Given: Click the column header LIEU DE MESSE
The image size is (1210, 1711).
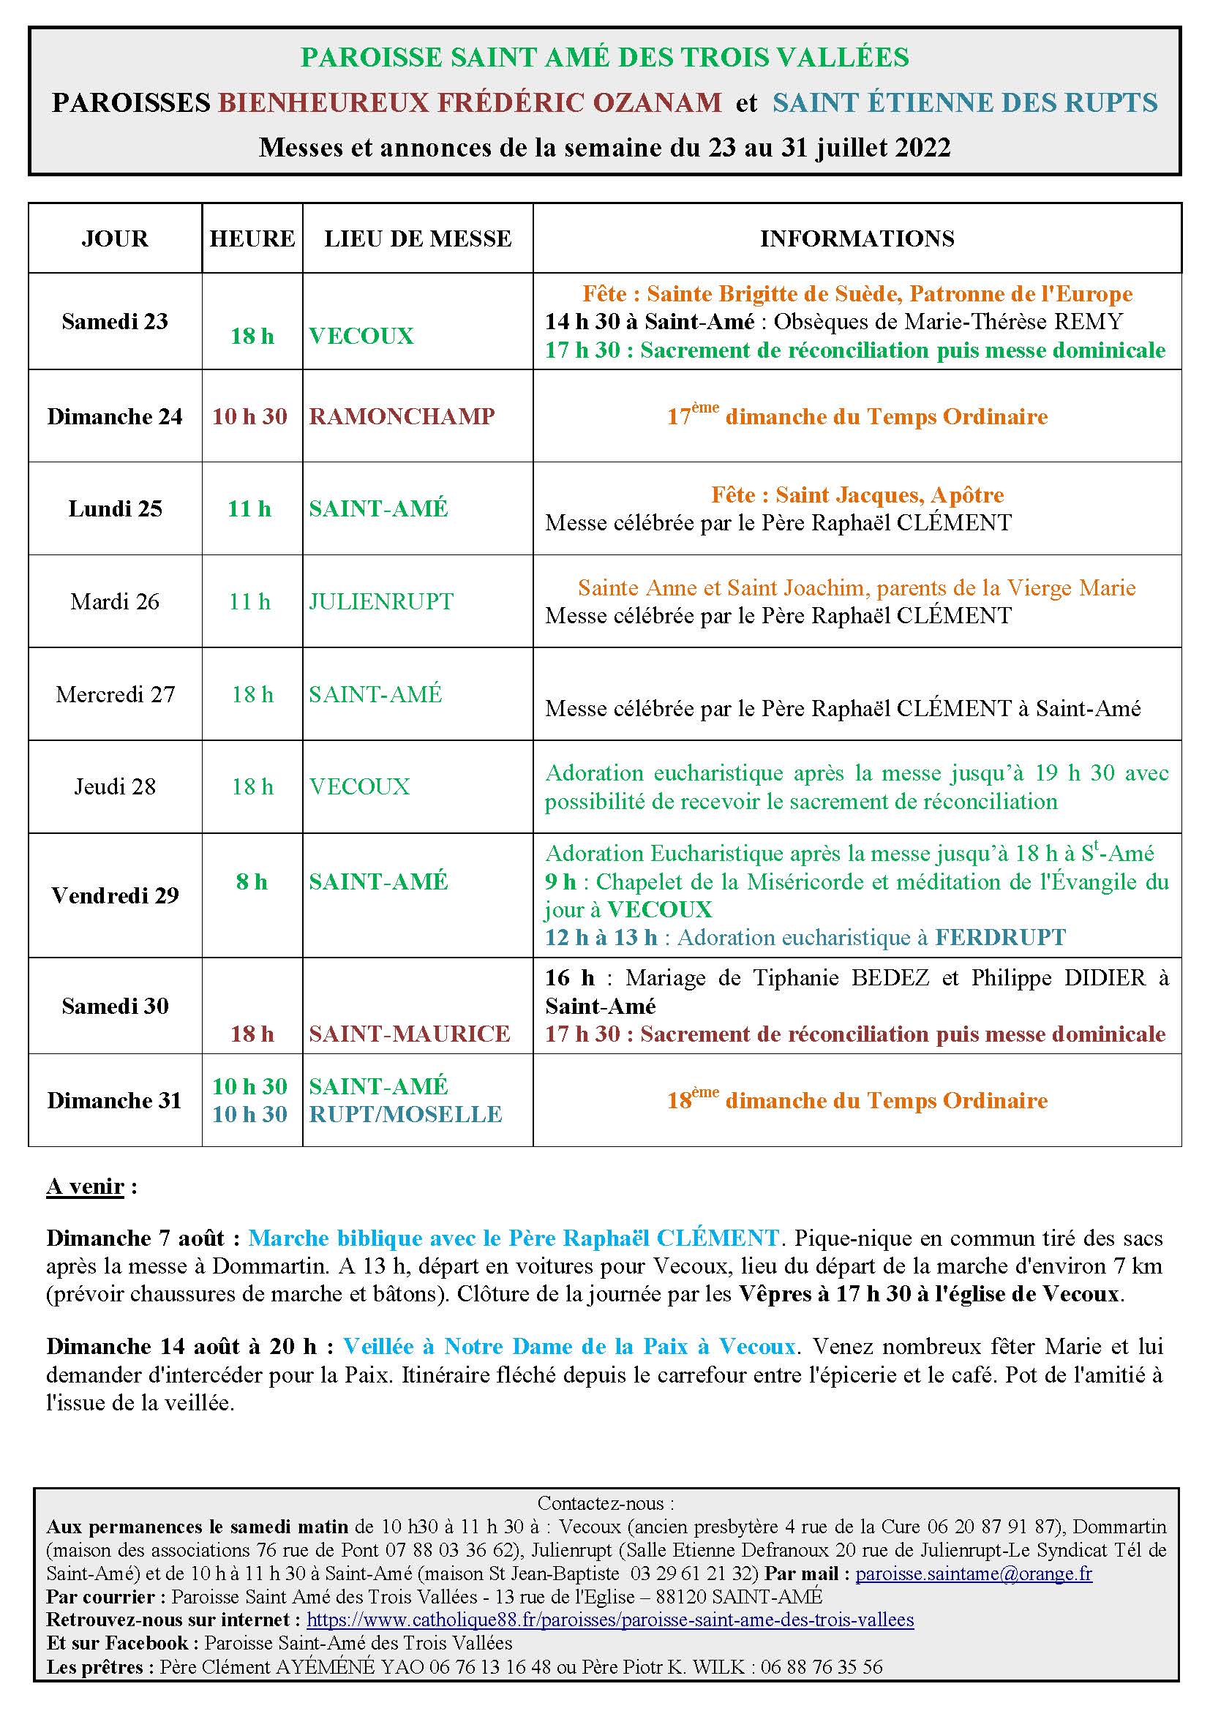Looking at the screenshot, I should pos(417,238).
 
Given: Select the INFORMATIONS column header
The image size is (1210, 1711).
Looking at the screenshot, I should pos(857,238).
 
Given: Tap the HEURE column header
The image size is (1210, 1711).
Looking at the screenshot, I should pos(252,238).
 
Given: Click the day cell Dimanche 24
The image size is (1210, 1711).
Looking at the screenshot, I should pos(115,415).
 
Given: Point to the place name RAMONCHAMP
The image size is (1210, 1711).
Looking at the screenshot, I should pos(402,415).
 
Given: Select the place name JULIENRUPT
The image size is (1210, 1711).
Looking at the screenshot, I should pos(380,601).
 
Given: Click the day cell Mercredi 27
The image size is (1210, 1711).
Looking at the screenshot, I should pos(115,693).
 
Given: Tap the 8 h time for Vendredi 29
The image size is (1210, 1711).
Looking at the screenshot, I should pos(252,881).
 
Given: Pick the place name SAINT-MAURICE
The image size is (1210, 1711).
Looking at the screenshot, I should pos(410,1034).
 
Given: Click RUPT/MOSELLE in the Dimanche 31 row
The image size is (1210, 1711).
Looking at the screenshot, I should pos(405,1114).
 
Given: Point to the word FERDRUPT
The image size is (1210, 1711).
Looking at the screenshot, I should pos(1000,937).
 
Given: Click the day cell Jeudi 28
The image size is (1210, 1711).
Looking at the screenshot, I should pos(115,786).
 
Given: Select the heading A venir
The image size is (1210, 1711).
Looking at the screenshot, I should pos(85,1187).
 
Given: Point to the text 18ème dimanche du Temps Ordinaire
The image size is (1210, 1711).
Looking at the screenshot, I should pos(857,1101).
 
